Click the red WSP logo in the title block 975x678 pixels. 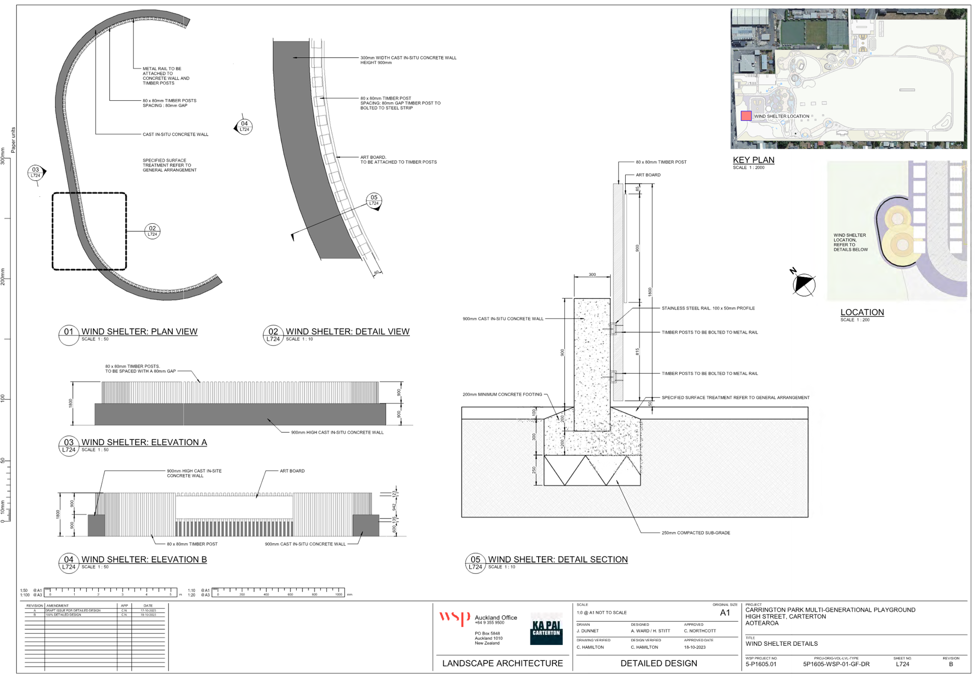click(454, 617)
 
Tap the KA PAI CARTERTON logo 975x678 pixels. click(546, 629)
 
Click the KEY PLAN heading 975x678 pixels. click(753, 160)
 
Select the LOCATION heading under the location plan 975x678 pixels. click(862, 312)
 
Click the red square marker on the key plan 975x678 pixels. click(746, 116)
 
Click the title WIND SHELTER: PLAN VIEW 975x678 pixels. click(139, 332)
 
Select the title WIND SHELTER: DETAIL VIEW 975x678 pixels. click(347, 332)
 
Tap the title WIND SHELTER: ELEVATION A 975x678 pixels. click(144, 442)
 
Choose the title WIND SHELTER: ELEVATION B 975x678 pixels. click(144, 559)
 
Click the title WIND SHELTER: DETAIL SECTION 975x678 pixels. click(558, 559)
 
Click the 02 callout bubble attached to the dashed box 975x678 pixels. click(152, 231)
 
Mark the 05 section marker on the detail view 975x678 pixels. click(374, 201)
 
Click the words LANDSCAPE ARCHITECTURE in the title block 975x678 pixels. click(502, 663)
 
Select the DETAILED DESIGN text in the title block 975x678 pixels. click(659, 663)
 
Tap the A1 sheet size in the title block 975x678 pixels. click(725, 613)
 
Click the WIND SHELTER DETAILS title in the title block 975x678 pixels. click(781, 643)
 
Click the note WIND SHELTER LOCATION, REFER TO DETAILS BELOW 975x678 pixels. click(850, 242)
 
